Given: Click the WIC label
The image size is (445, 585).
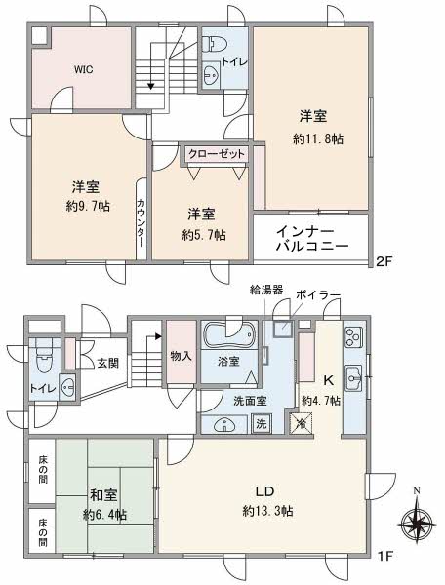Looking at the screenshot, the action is tap(83, 70).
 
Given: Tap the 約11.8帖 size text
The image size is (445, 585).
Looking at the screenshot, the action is tap(318, 139).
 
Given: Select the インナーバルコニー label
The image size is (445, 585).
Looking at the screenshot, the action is tap(312, 239).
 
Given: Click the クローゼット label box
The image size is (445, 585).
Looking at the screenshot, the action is tap(217, 154).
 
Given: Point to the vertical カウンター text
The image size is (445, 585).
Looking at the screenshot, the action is tap(141, 223).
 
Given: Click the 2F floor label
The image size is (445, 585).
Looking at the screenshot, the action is tap(384, 261).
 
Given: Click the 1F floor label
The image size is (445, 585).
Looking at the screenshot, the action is tap(385, 557).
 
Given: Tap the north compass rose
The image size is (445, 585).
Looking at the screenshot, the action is tap(417, 524).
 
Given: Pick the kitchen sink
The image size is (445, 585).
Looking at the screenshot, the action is tap(353, 378).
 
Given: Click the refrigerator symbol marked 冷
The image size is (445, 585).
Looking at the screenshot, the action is tap(301, 424).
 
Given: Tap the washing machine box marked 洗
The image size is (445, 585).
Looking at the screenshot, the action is tap(262, 424).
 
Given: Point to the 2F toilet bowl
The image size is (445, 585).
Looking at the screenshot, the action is tap(214, 45).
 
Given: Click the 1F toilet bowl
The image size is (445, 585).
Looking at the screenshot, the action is tap(44, 359).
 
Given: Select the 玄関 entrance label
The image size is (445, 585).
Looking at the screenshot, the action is tap(108, 363).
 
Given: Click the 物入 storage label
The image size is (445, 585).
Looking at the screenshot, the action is tap(182, 356).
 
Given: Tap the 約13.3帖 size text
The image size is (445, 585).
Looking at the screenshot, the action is tap(267, 510).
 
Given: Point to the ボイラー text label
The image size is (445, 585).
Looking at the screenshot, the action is tap(318, 295).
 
